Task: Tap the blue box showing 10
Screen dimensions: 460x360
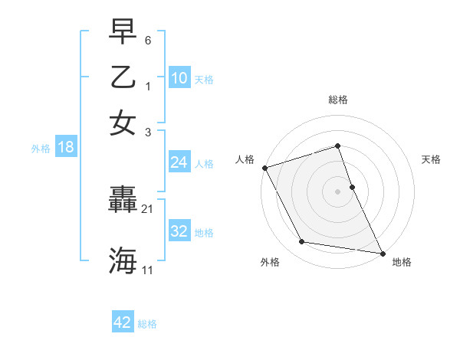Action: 179,77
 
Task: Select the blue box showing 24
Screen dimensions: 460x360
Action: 179,162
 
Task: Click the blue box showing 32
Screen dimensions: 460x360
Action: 179,231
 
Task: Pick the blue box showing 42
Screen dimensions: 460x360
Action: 123,322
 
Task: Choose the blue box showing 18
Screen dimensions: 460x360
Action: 66,147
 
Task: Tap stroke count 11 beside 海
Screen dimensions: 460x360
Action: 148,270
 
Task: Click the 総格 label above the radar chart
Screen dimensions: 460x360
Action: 338,100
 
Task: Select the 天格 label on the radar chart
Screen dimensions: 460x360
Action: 431,159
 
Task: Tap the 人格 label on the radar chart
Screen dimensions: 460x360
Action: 245,159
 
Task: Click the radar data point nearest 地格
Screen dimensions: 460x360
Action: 382,252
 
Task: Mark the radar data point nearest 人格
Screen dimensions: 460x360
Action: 264,168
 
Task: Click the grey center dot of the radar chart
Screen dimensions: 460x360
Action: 338,191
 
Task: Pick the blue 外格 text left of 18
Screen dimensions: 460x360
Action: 40,149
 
